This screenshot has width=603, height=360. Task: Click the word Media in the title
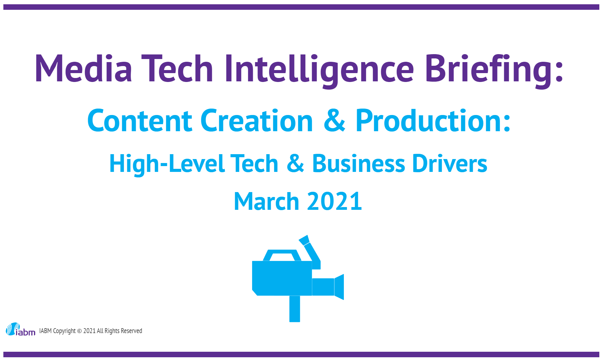pyautogui.click(x=84, y=69)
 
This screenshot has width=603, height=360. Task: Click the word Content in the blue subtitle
pyautogui.click(x=140, y=121)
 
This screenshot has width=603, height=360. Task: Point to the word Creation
pyautogui.click(x=256, y=121)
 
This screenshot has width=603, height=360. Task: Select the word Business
pyautogui.click(x=358, y=164)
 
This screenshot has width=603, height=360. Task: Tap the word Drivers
pyautogui.click(x=449, y=164)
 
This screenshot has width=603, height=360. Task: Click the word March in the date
pyautogui.click(x=266, y=201)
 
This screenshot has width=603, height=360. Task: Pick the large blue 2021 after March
pyautogui.click(x=334, y=201)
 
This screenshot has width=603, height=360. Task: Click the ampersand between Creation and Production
pyautogui.click(x=334, y=121)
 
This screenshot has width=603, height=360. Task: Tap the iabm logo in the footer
pyautogui.click(x=20, y=329)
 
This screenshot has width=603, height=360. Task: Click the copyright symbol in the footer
pyautogui.click(x=79, y=331)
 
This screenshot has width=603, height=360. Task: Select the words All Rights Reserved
pyautogui.click(x=119, y=331)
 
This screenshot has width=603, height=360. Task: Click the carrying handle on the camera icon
pyautogui.click(x=282, y=255)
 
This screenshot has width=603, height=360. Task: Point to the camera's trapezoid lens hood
pyautogui.click(x=339, y=287)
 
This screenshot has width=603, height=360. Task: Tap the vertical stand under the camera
pyautogui.click(x=295, y=309)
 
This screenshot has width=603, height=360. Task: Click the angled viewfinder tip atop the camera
pyautogui.click(x=304, y=239)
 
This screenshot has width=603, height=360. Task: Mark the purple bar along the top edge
pyautogui.click(x=301, y=7)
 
